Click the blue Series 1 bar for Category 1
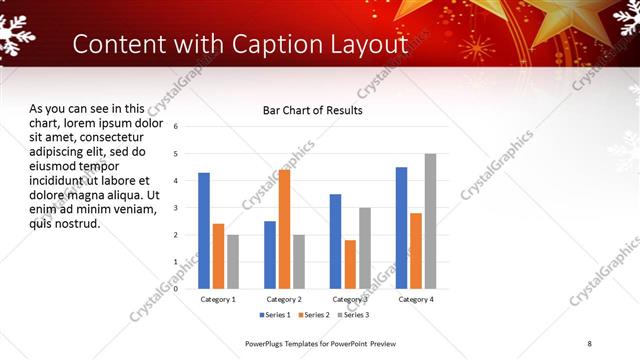[204, 231]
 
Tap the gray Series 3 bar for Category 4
[430, 221]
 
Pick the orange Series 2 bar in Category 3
[350, 264]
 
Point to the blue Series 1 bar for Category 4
[401, 228]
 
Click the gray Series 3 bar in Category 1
[233, 262]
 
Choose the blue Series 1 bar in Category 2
[270, 255]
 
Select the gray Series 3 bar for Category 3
[365, 248]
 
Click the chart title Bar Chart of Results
[312, 110]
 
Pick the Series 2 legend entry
[315, 315]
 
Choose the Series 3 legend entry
[353, 315]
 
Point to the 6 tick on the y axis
[176, 127]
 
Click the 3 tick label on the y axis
[176, 208]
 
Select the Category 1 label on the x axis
[218, 299]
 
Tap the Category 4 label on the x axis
[415, 299]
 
